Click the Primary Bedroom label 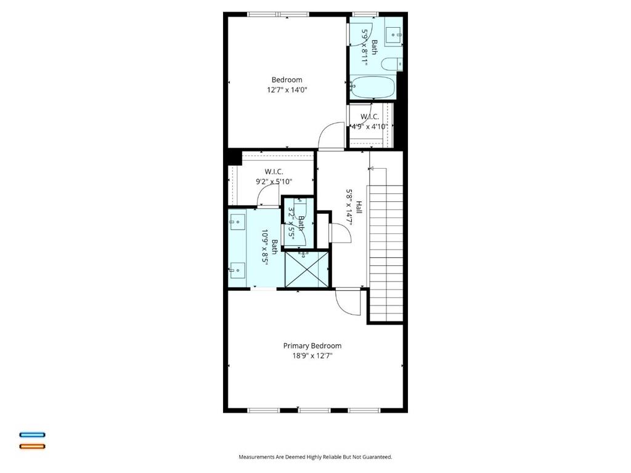312,346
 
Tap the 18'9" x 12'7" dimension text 312,356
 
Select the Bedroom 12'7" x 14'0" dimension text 287,90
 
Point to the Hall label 359,208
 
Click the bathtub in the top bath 372,87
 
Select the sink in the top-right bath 393,35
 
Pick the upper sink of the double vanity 237,221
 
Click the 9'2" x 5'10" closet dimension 274,182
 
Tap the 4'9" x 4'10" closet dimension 370,127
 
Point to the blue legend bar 33,435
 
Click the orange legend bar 33,446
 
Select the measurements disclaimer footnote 315,457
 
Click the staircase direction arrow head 371,168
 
